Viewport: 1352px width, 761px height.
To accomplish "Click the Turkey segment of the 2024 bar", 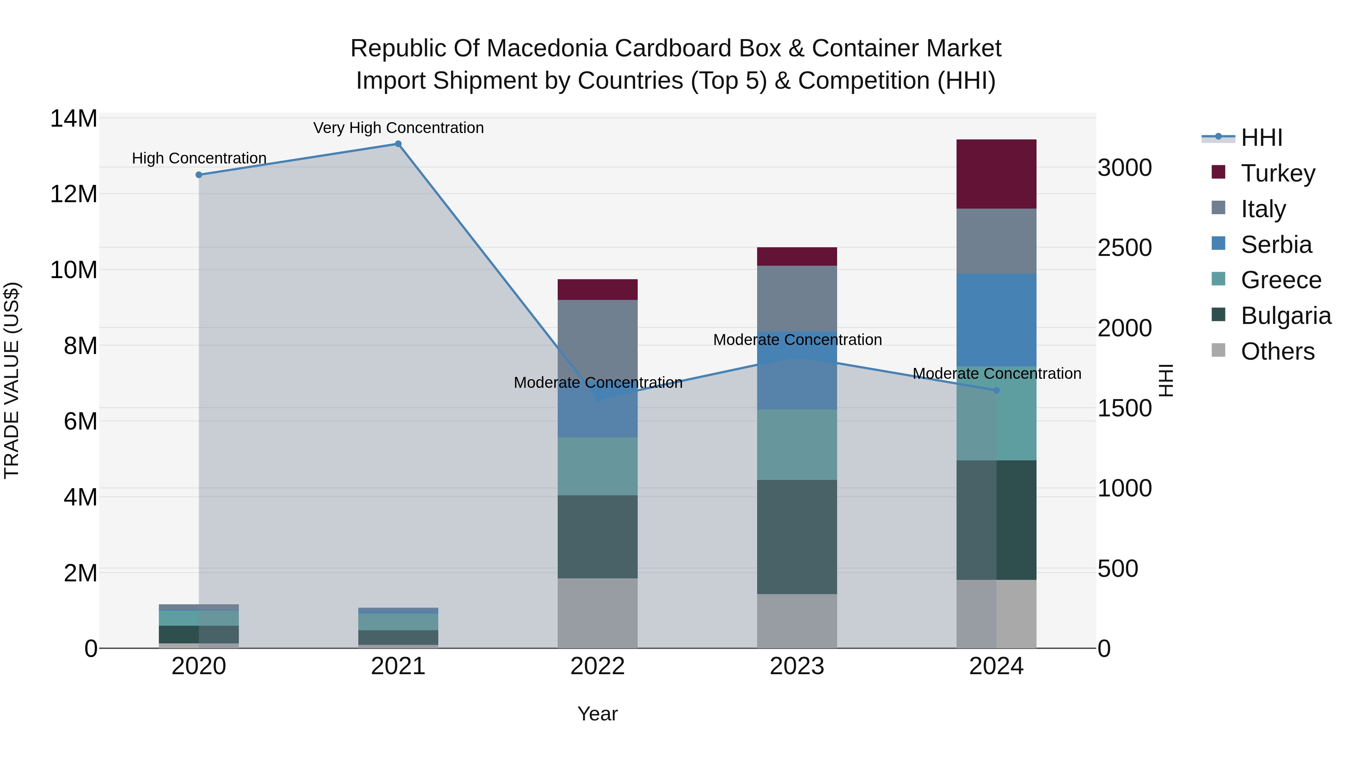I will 996,174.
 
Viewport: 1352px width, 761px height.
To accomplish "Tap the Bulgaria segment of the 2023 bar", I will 796,537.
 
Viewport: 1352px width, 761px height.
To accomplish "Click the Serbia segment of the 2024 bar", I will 996,319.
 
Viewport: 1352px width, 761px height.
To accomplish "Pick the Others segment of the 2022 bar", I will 597,613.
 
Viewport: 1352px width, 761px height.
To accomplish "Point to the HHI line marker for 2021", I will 398,144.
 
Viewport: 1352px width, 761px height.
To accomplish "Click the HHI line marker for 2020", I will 199,175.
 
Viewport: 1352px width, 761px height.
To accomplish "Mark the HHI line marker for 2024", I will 996,390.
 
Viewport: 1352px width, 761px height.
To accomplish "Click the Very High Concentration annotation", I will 398,128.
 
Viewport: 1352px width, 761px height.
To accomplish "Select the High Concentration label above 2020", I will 199,158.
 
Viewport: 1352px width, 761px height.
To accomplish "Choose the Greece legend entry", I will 1281,280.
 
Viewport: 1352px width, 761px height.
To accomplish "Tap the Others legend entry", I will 1278,351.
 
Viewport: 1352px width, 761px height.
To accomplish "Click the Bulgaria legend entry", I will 1286,316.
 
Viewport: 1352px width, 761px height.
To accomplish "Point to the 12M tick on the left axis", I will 74,194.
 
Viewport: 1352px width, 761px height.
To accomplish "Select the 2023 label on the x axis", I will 796,666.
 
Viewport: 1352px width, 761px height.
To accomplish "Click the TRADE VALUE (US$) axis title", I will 12,380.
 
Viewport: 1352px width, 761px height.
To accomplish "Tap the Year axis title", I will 597,714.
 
